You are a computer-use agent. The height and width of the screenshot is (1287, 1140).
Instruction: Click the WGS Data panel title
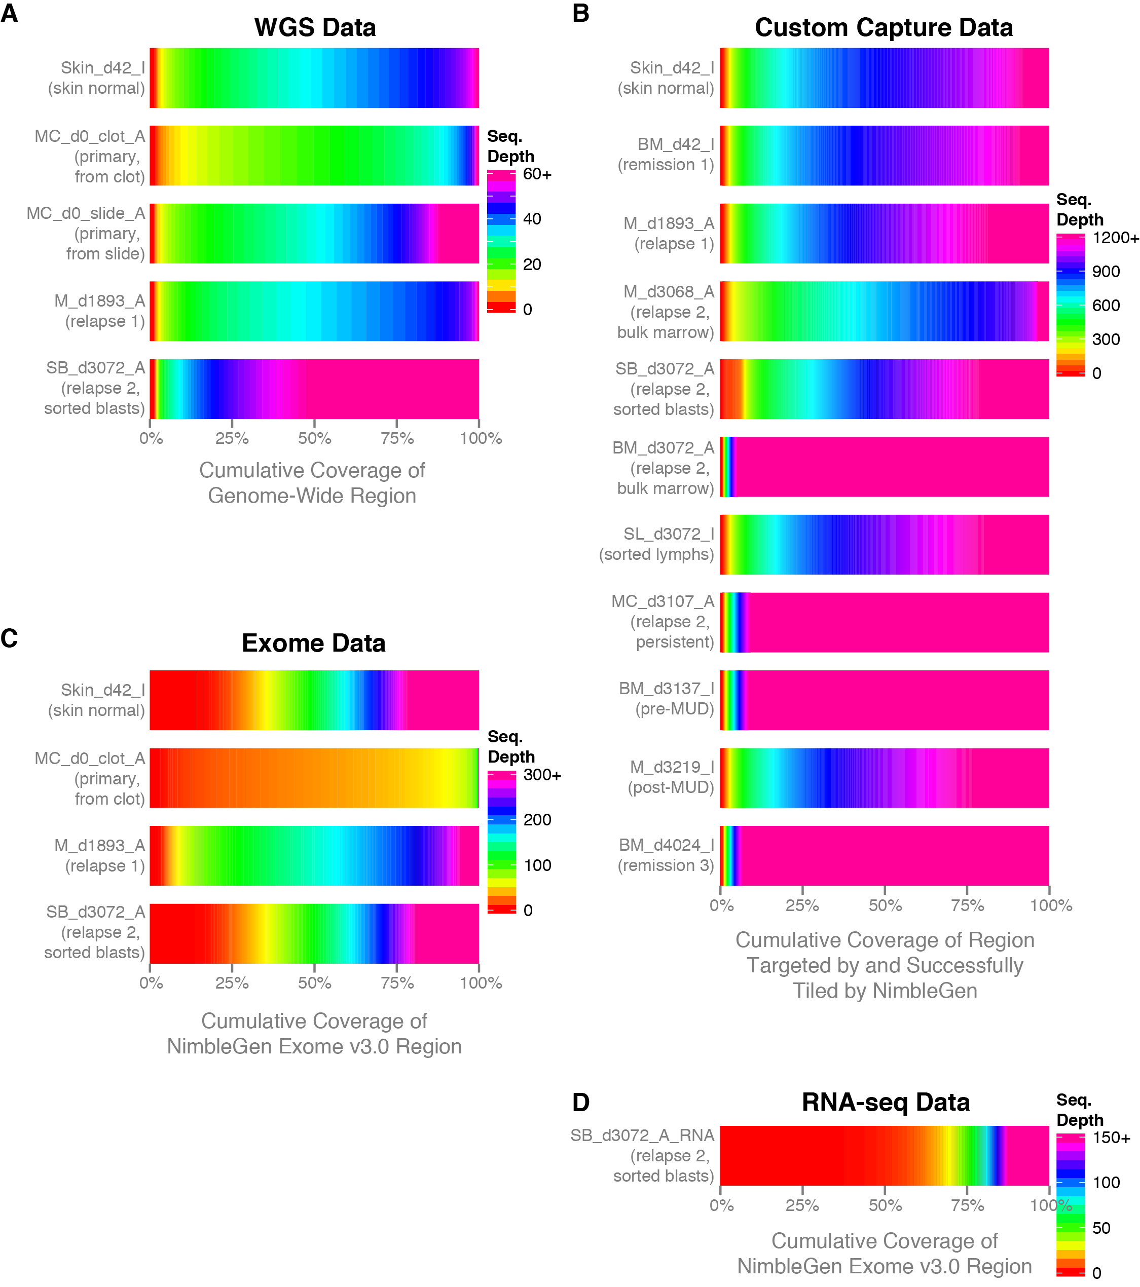coord(314,28)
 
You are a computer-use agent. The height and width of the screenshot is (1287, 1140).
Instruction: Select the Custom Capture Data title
coord(883,28)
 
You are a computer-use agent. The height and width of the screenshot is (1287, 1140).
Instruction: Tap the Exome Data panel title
coord(313,643)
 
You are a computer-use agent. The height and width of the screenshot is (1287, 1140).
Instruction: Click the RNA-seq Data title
coord(885,1102)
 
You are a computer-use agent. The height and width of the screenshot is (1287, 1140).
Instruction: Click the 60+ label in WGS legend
coord(537,174)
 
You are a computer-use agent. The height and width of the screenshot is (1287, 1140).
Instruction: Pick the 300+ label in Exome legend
coord(542,775)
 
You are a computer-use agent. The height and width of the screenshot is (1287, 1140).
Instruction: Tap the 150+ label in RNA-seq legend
coord(1111,1138)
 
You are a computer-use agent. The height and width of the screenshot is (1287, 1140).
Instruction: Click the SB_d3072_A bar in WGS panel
coord(314,389)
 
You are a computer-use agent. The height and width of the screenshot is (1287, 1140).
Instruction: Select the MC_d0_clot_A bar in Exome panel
coord(314,778)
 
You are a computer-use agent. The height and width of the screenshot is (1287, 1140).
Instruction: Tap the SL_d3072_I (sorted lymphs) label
coord(656,544)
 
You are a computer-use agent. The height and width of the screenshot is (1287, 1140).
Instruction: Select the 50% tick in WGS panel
coord(314,438)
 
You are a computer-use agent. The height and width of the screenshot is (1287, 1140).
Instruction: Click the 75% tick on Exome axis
coord(397,983)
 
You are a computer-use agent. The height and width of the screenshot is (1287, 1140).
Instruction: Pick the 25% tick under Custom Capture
coord(802,905)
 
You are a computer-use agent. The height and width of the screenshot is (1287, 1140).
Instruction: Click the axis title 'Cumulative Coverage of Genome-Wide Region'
coord(312,483)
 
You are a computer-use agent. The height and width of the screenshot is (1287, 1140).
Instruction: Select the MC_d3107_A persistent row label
coord(663,622)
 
